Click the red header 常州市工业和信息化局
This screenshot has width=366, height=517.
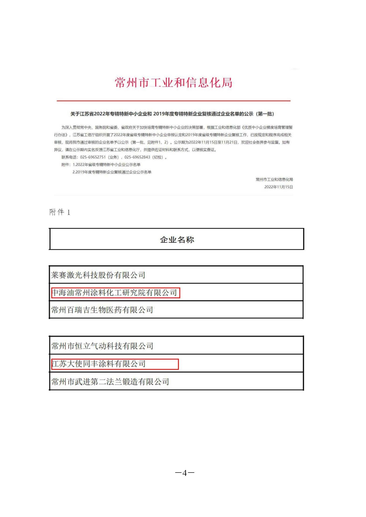[x=174, y=83]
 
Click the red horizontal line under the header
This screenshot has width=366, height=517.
[x=174, y=101]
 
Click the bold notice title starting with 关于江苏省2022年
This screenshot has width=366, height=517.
[x=172, y=114]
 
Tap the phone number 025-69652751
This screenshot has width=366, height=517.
[x=93, y=157]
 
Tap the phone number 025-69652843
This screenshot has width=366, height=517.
[x=137, y=157]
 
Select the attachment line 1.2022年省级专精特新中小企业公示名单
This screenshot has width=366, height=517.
[x=107, y=165]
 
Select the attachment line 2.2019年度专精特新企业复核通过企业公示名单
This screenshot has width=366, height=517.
[x=112, y=172]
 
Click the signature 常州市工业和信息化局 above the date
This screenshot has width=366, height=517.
[x=274, y=179]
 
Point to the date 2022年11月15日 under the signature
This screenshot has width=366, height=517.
[x=279, y=187]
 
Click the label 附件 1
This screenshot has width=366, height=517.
[x=60, y=212]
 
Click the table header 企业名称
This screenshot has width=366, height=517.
[x=177, y=240]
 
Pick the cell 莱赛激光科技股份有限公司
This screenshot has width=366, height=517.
[x=98, y=275]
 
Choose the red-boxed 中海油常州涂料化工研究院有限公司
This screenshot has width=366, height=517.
[x=115, y=293]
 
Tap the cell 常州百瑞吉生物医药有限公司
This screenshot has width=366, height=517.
[x=102, y=310]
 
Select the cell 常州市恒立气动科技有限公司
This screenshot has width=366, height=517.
[x=102, y=346]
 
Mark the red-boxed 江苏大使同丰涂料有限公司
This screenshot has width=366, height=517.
[x=99, y=364]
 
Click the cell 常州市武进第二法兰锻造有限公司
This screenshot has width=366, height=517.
[x=110, y=382]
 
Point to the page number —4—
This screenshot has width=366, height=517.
[x=184, y=473]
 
